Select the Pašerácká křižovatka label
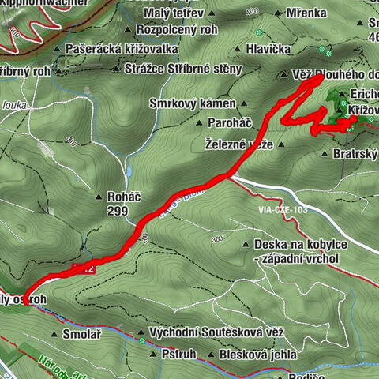(122, 49)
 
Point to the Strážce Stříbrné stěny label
(183, 69)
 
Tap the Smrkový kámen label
(193, 103)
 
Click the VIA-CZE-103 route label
(282, 210)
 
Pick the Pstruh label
(178, 355)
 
